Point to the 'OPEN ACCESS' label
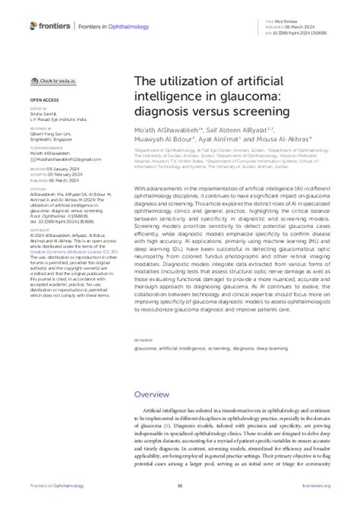tap(46, 99)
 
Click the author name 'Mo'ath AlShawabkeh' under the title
tap(169, 131)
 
